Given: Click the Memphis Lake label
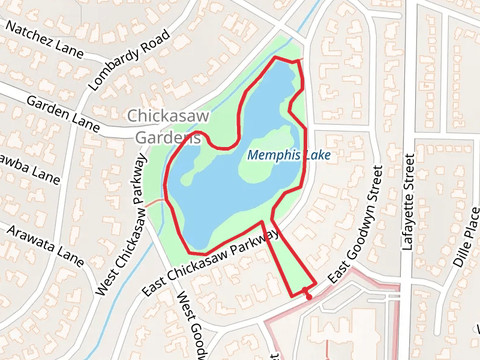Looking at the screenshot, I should click(289, 155).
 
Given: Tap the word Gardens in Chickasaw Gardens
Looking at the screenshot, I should click(167, 137).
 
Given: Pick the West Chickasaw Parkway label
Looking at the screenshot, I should click(121, 226).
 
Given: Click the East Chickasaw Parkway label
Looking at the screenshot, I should click(211, 262).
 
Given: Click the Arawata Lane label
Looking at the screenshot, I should click(45, 244).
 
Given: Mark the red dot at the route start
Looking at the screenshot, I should click(308, 296).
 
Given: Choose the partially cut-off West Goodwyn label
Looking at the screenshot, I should click(191, 324).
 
